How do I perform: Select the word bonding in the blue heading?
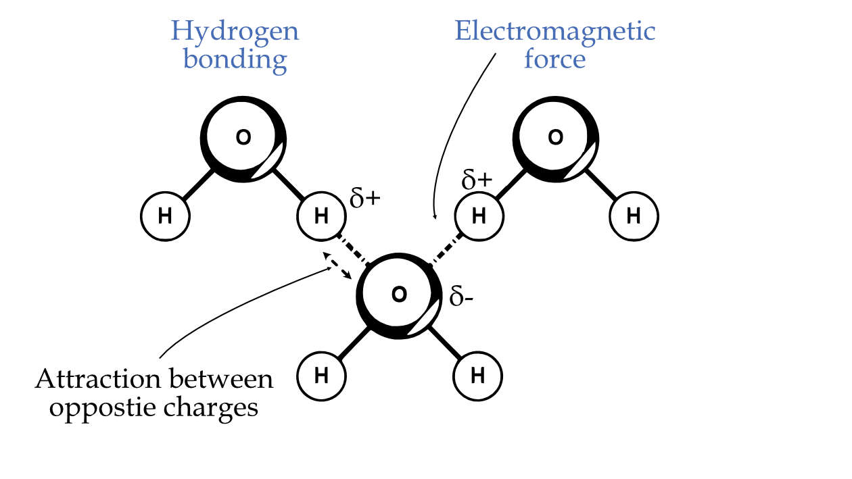[x=235, y=59]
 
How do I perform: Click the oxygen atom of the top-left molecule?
[x=243, y=138]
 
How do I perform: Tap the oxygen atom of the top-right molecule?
[x=555, y=138]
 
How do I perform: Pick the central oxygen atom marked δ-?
[x=400, y=295]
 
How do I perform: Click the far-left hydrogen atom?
[x=164, y=216]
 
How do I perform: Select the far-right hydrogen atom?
[x=634, y=216]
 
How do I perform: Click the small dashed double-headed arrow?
[x=339, y=266]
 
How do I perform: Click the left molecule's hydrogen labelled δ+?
[x=321, y=216]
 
